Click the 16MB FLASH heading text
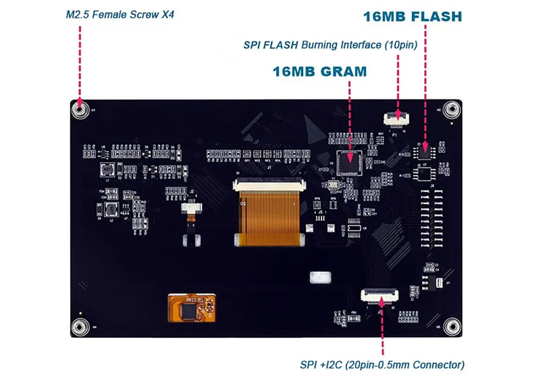(413, 16)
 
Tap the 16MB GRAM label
(320, 71)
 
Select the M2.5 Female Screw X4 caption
(120, 15)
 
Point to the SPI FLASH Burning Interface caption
(330, 45)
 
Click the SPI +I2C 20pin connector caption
(382, 365)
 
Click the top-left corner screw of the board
(80, 109)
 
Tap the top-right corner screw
(452, 109)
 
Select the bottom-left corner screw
(80, 326)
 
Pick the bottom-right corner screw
(451, 326)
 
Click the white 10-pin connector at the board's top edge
(396, 117)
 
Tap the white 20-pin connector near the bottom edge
(379, 294)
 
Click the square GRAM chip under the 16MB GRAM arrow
(349, 162)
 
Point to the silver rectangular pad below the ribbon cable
(320, 278)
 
